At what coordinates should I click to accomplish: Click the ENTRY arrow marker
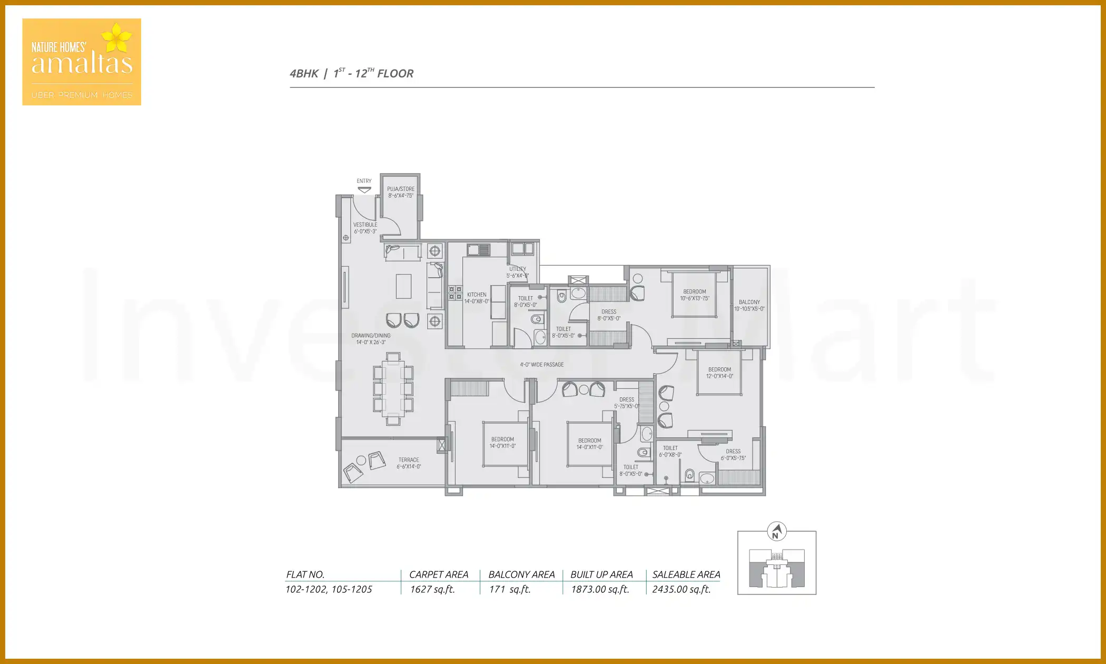[364, 190]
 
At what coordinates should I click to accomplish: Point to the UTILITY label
[518, 272]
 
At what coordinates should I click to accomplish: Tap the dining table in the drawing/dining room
[393, 389]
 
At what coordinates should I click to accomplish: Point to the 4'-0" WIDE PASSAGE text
[542, 365]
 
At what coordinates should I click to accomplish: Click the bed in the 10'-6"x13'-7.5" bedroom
[694, 295]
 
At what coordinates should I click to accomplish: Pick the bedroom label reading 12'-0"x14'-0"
[719, 373]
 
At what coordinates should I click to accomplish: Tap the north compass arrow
[776, 531]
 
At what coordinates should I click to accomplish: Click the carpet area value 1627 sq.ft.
[432, 590]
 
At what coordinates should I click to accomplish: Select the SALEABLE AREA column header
[686, 575]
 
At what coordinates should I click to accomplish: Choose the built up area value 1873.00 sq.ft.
[600, 590]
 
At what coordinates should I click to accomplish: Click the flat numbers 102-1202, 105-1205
[329, 590]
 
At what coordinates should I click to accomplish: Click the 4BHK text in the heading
[304, 74]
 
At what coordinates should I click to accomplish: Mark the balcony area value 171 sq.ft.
[509, 590]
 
